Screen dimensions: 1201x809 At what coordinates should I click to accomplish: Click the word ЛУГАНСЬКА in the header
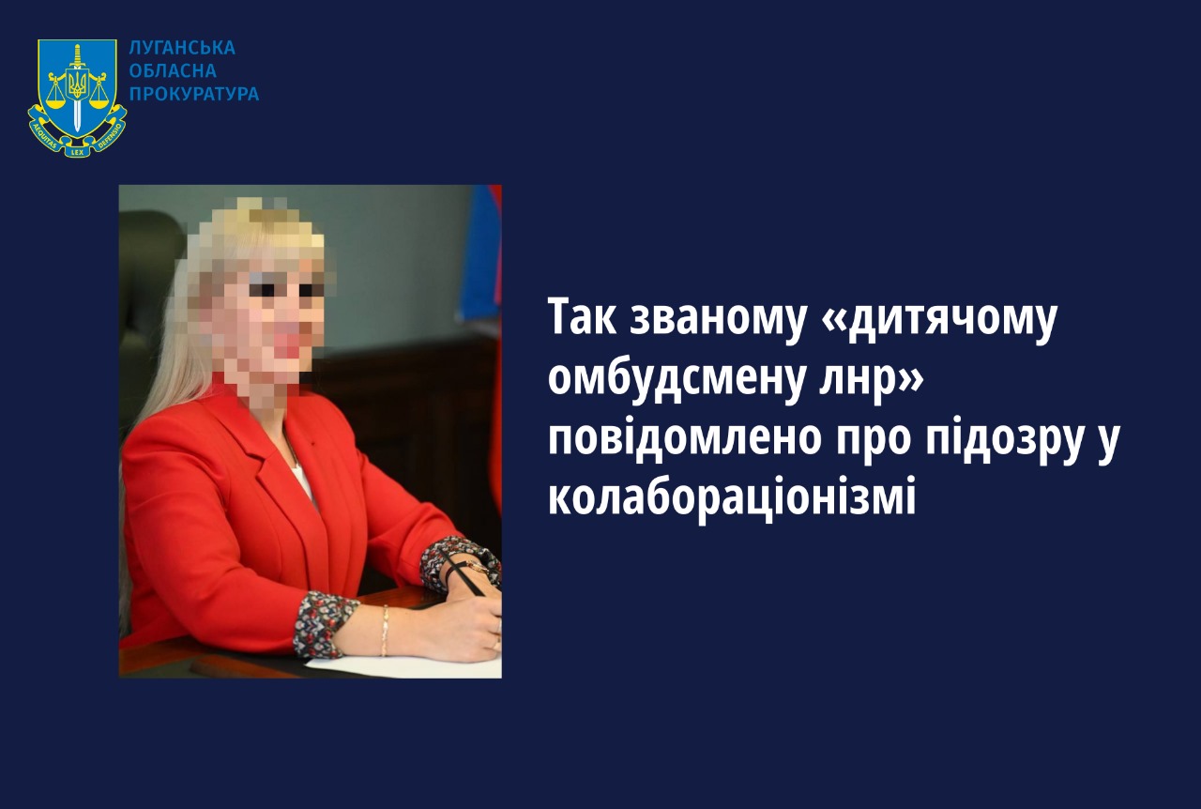point(182,48)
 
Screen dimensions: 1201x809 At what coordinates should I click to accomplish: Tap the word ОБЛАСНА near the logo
point(173,70)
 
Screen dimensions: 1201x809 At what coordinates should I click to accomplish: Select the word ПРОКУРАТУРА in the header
point(194,94)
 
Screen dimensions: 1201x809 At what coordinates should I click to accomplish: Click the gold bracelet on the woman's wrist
point(385,630)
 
